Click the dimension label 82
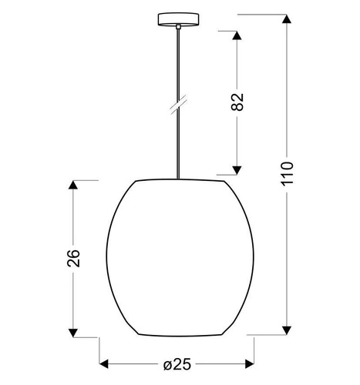click(237, 102)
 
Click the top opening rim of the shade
click(182, 182)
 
